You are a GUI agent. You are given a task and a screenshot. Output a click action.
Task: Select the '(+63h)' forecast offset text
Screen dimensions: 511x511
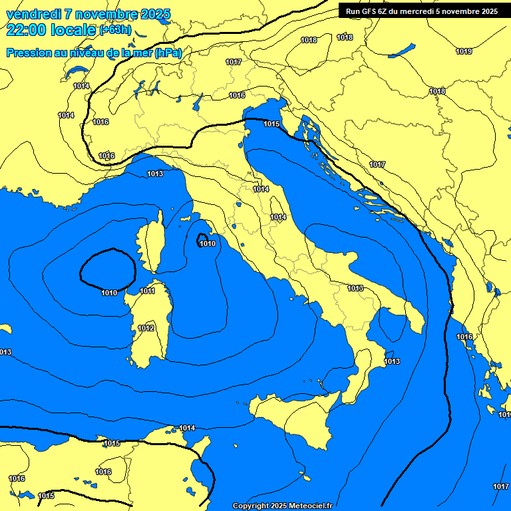click(x=115, y=30)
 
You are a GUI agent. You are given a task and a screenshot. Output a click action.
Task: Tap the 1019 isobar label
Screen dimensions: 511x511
click(x=464, y=52)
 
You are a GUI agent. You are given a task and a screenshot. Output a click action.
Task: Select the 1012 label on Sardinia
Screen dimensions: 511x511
click(x=146, y=329)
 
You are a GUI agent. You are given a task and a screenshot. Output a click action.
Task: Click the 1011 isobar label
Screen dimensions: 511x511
click(x=148, y=291)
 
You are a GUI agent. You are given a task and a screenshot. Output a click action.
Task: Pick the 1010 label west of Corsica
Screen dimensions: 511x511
click(x=110, y=293)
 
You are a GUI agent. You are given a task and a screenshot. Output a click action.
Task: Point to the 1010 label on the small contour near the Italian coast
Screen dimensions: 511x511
click(x=208, y=244)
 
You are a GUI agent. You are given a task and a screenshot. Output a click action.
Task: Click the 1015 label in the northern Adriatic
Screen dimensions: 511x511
click(x=271, y=124)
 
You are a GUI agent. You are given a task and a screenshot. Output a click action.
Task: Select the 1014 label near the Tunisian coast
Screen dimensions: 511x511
click(x=188, y=428)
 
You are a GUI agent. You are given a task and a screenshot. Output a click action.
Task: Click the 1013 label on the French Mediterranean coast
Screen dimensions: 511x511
click(x=155, y=174)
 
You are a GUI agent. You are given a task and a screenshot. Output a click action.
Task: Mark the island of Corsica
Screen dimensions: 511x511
click(x=150, y=243)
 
